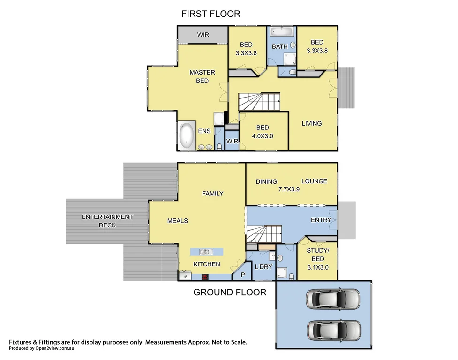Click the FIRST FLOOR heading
tap(210, 14)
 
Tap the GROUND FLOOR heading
tap(230, 292)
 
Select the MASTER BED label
tap(202, 76)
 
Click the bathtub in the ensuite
tap(187, 135)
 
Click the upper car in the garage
tap(333, 299)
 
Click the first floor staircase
tap(259, 102)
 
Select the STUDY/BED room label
tap(318, 255)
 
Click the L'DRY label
tap(263, 266)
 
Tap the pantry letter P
tap(242, 275)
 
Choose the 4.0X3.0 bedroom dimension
tap(262, 136)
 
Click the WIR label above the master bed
tap(203, 35)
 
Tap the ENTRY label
tap(321, 220)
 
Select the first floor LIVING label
tap(311, 123)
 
